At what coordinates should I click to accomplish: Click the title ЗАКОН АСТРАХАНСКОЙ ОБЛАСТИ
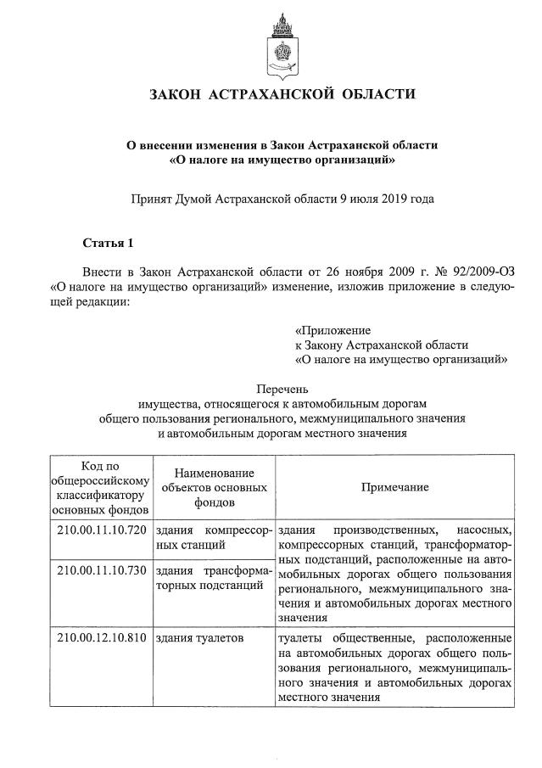coord(282,94)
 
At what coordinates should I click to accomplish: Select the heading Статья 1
coord(108,244)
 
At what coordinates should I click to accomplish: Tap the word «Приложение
coord(332,329)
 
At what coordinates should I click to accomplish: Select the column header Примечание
coord(394,487)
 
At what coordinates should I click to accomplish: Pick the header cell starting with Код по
coord(101,487)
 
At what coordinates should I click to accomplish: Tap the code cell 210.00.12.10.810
coord(101,636)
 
